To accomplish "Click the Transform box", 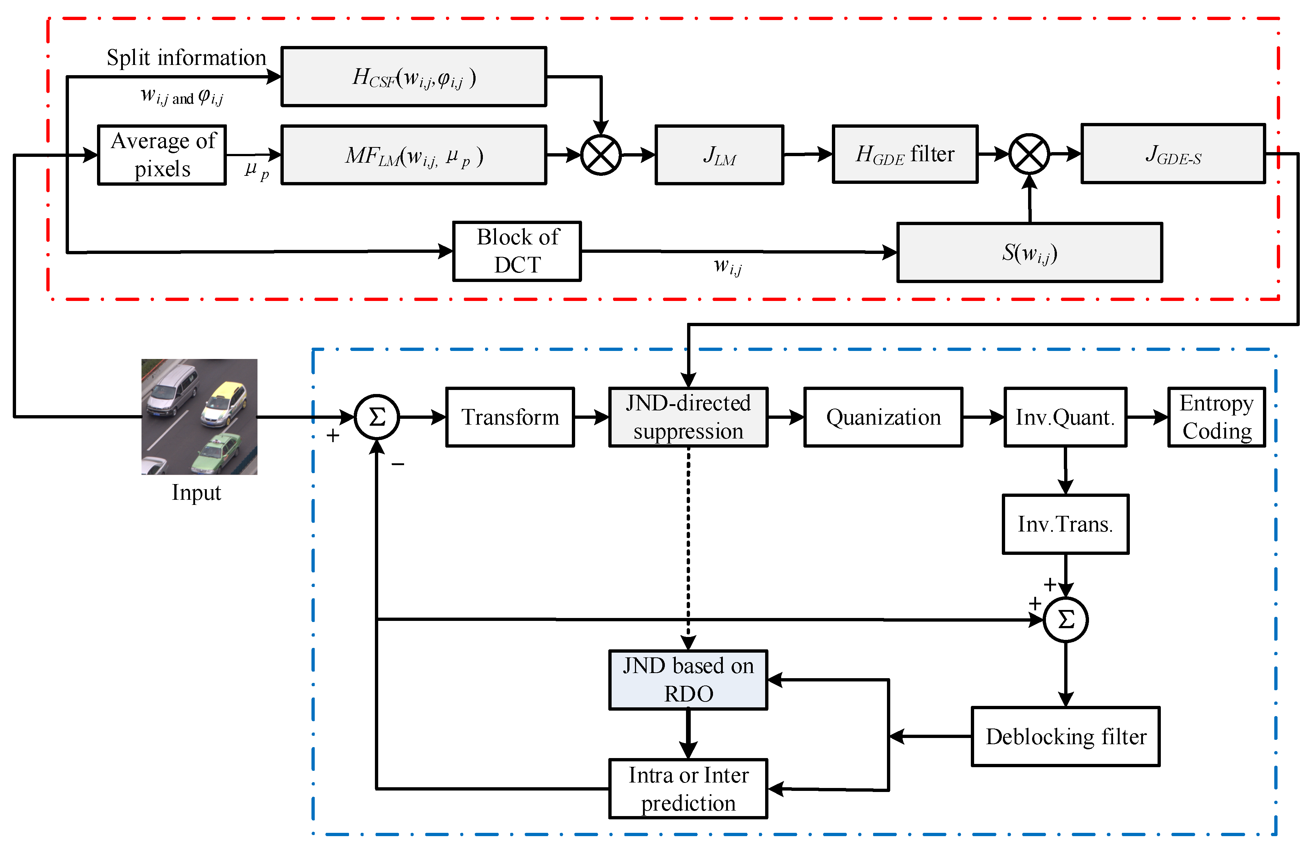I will coord(510,417).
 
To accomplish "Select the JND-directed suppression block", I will coord(688,417).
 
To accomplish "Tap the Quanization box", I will coord(883,417).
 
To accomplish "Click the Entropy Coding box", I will coord(1216,417).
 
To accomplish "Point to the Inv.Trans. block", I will coord(1065,523).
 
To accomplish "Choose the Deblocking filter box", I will coord(1065,736).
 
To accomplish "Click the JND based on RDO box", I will coord(688,680).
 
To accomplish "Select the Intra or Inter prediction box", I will coord(688,788).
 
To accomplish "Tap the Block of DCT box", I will coord(517,251).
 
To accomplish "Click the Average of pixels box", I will coord(162,155).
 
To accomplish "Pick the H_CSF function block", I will coord(413,77).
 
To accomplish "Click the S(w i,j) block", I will coord(1029,252).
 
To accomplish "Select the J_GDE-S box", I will coord(1173,154).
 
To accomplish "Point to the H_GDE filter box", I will coord(905,154).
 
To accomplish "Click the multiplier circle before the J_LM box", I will coord(601,155).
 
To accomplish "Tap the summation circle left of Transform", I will coord(376,417).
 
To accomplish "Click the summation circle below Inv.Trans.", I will coord(1066,619).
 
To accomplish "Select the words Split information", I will coord(186,57).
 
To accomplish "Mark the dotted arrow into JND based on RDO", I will coord(688,550).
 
